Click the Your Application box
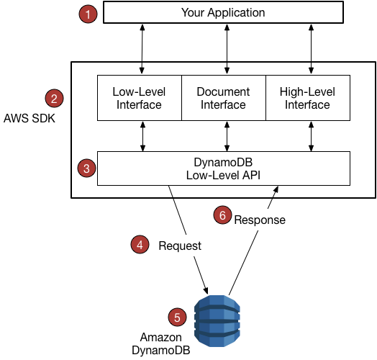point(223,13)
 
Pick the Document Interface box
point(223,99)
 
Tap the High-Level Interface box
point(308,99)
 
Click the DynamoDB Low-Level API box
point(223,168)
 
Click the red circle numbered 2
point(54,98)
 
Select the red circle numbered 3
point(86,168)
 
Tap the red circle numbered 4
point(140,245)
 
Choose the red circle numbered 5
point(176,317)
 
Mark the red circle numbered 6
point(223,214)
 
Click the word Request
point(180,246)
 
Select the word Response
point(260,220)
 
